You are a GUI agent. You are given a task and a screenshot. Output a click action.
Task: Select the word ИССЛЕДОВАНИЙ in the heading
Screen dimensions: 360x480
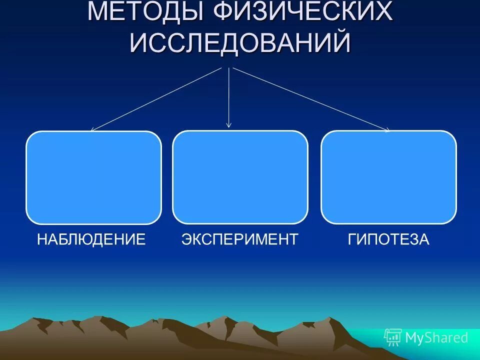click(x=240, y=43)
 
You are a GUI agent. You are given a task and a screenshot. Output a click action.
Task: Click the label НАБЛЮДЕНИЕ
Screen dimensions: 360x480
click(x=91, y=239)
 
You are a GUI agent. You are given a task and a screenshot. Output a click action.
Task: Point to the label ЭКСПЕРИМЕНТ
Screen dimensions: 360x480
click(x=240, y=239)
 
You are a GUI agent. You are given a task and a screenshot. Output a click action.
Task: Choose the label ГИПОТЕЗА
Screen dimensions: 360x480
click(x=388, y=239)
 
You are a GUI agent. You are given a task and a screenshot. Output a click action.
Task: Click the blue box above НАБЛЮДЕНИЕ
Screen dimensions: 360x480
click(x=93, y=177)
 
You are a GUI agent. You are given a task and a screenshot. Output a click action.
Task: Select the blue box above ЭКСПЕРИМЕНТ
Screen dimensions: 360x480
click(x=240, y=177)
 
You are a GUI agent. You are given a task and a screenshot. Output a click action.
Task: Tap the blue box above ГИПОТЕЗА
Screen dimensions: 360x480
click(x=388, y=177)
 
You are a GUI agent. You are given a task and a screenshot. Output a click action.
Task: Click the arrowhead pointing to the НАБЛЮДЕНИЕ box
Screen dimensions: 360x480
click(x=93, y=129)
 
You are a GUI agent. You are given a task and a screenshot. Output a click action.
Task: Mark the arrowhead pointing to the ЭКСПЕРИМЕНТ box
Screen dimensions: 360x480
click(x=229, y=124)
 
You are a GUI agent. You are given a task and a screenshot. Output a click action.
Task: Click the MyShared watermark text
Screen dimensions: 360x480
click(x=436, y=338)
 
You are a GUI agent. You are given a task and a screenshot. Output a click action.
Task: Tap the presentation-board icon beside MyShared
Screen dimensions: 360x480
click(x=393, y=338)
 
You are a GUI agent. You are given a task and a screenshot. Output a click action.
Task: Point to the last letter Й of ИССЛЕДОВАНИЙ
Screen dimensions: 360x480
click(x=341, y=42)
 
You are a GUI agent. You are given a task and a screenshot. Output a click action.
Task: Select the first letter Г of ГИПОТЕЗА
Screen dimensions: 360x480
click(x=352, y=239)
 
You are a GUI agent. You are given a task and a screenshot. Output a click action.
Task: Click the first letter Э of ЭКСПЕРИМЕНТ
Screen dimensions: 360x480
click(x=186, y=239)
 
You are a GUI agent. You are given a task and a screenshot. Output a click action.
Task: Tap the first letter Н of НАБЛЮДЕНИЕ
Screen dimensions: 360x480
click(x=42, y=239)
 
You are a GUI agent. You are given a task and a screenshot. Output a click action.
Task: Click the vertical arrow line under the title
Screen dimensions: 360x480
click(x=229, y=95)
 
